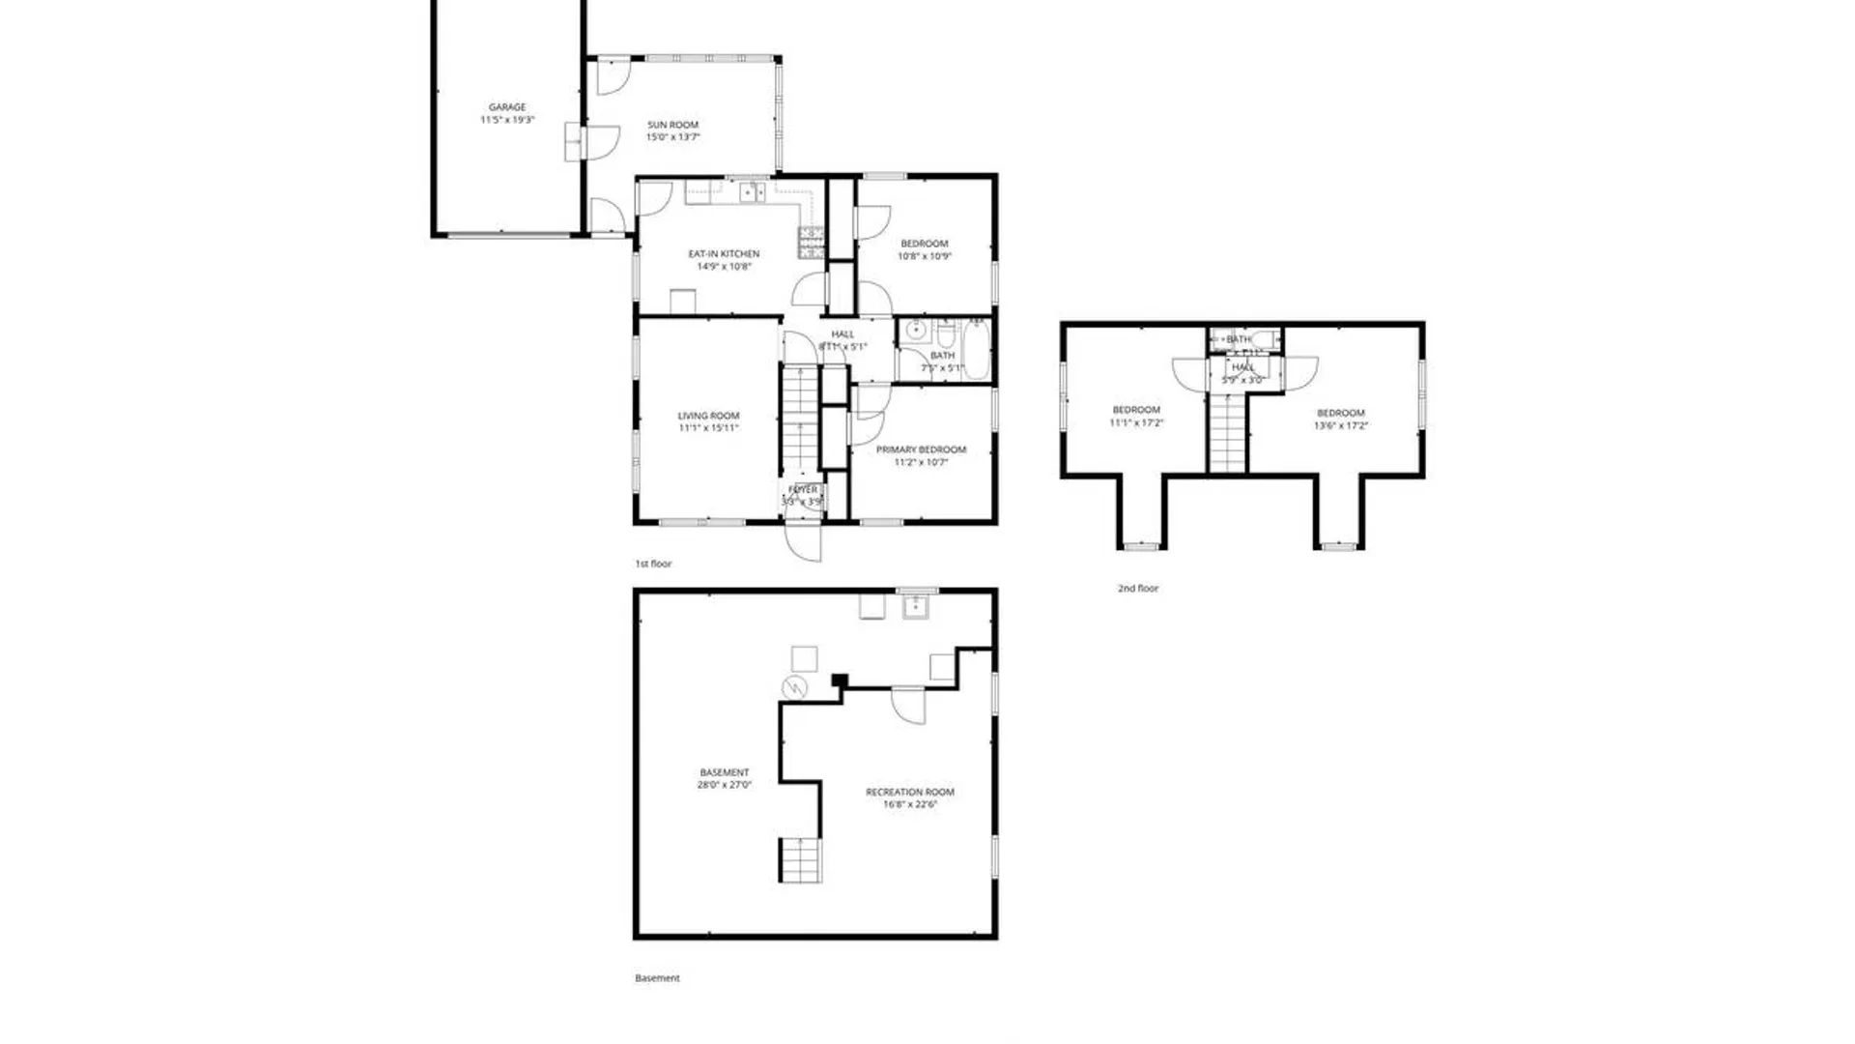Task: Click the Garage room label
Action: coord(507,107)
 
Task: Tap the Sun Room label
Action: coord(672,125)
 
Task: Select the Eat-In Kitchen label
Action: coord(724,254)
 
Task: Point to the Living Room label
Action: coord(708,416)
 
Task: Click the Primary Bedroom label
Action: coord(921,449)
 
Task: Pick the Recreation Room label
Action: coord(910,792)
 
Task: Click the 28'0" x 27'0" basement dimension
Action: coord(724,786)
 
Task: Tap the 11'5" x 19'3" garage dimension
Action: coord(507,120)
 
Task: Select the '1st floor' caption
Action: coord(653,564)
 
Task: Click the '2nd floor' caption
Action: coord(1138,588)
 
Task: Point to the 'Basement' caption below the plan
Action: coord(657,978)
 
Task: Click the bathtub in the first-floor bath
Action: coord(976,350)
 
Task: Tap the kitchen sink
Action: coord(753,192)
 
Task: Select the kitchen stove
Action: coord(811,242)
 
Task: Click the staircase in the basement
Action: coord(801,859)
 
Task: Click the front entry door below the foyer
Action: coord(803,540)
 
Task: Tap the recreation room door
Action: coord(907,705)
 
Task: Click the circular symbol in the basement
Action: coord(794,687)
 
